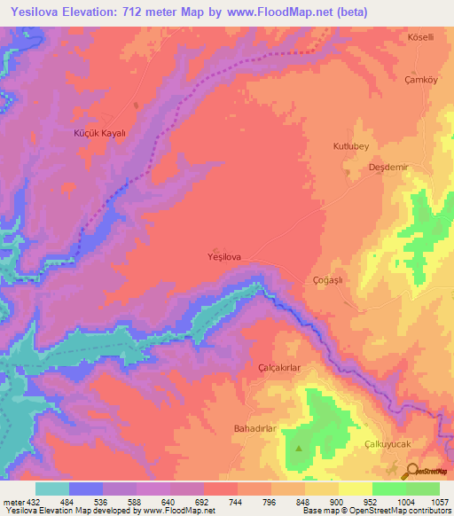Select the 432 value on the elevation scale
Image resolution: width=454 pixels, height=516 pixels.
34,502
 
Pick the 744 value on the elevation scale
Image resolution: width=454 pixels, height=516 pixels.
238,502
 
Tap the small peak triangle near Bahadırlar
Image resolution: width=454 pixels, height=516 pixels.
298,447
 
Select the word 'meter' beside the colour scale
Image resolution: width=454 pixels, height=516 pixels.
12,502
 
